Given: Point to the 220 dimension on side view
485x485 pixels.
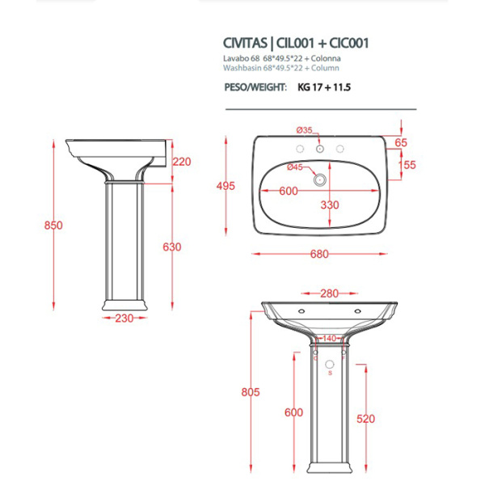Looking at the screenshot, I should tap(182, 162).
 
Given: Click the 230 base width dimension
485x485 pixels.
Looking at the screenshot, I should tap(124, 318).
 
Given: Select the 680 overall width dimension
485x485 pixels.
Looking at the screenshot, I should tap(319, 254).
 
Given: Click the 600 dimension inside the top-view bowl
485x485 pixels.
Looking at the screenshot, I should tap(289, 191).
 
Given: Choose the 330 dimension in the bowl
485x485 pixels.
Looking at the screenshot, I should tap(329, 205).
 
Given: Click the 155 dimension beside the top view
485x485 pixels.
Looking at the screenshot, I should tap(407, 164).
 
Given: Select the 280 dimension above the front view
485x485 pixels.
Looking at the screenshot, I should tap(329, 293).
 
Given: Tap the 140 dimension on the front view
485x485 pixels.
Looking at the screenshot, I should tap(329, 339).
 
